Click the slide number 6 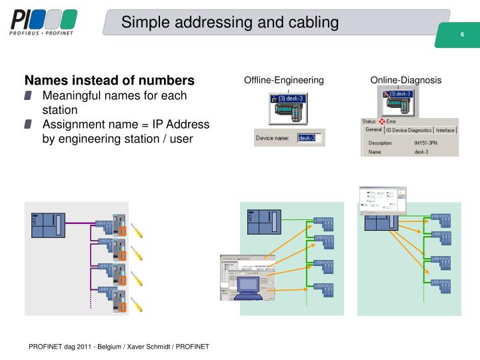461,35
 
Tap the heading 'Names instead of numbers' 110,80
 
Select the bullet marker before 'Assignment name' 28,125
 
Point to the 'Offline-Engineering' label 284,80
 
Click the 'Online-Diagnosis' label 406,80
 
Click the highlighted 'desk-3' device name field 308,139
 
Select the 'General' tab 373,130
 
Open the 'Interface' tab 445,131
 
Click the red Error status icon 383,122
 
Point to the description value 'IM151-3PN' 426,143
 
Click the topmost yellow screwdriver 137,231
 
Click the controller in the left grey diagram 49,224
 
